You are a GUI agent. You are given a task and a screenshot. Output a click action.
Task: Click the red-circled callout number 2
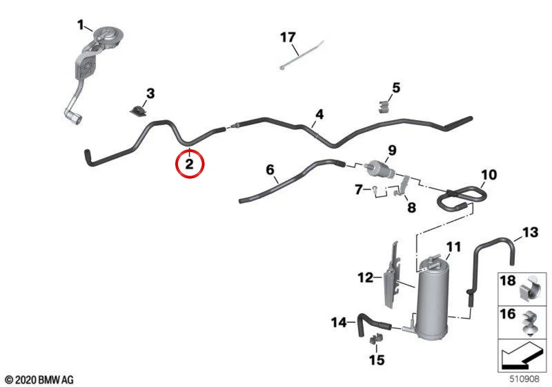(189, 164)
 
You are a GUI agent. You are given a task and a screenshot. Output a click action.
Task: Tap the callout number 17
(288, 37)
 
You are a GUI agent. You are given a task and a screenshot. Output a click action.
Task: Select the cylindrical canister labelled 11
(431, 297)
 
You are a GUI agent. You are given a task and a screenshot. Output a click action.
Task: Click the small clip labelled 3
(137, 110)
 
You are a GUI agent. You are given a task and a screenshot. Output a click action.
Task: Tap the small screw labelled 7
(375, 189)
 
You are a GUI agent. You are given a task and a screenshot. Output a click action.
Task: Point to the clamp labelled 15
(375, 339)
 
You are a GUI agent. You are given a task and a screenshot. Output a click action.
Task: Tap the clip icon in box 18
(530, 288)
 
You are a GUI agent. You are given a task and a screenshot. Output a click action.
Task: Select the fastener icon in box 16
(530, 322)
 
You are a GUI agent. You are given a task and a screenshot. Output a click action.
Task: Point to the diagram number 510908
(524, 379)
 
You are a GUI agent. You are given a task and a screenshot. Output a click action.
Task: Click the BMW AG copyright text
(40, 380)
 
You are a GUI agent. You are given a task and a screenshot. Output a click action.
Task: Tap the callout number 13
(530, 232)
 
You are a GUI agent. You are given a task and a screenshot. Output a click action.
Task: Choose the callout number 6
(270, 170)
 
